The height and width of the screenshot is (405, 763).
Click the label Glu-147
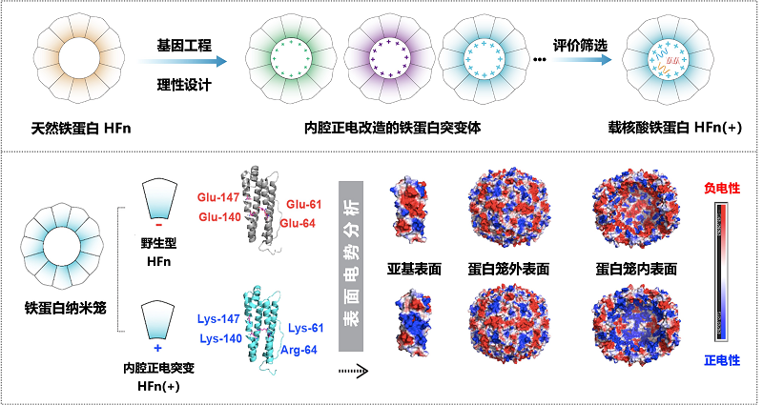(x=217, y=197)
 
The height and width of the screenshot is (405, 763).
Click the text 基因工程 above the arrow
(x=184, y=44)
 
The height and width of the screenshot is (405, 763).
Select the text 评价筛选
(x=581, y=44)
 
